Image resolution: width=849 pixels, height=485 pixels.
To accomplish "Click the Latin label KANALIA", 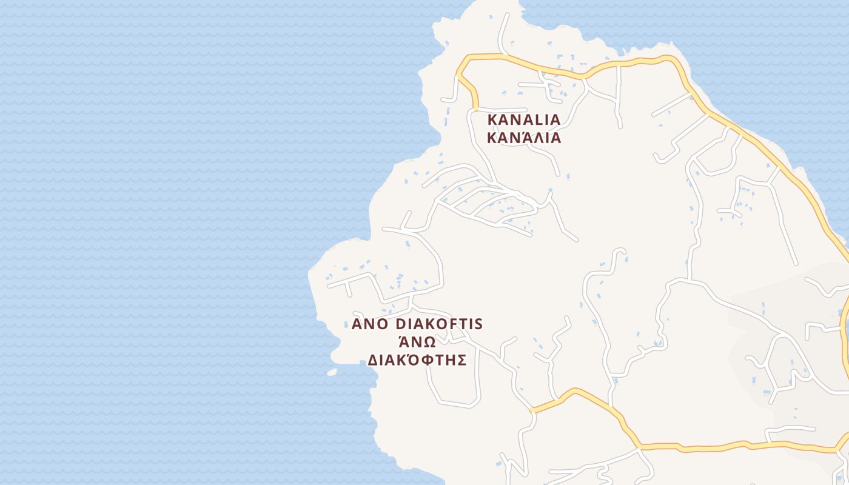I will [x=524, y=119].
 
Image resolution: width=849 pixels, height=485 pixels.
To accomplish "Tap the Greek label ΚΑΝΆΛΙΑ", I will [x=524, y=138].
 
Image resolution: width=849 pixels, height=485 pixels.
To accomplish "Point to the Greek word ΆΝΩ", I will [x=417, y=342].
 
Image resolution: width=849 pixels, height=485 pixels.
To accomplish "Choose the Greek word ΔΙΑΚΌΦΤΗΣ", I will [x=417, y=360].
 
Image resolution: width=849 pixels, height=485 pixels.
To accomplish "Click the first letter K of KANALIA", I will [x=492, y=119].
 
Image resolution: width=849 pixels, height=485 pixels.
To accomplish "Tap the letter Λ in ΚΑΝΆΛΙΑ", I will [x=534, y=138].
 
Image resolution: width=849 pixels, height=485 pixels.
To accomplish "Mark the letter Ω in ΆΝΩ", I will [x=428, y=343].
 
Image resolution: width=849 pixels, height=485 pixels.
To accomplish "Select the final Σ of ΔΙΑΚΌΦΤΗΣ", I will [x=461, y=360].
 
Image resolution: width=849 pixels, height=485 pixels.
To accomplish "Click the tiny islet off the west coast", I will [x=332, y=372].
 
